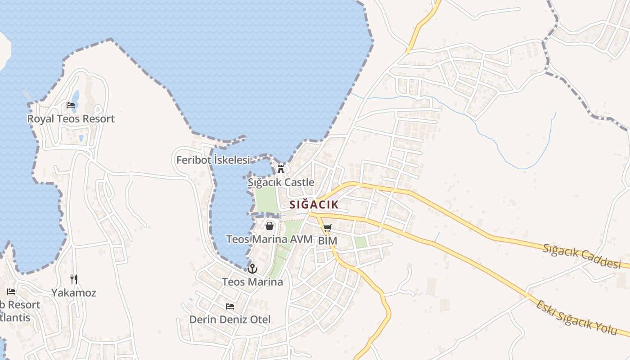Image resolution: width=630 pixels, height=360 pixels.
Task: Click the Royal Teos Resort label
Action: [71, 119]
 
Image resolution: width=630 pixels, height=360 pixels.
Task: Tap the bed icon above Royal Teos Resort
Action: [71, 105]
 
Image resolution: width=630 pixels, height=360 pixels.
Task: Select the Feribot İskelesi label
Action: [213, 160]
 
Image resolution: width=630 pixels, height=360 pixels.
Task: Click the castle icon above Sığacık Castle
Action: [281, 169]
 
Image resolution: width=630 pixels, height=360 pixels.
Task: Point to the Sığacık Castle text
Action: [281, 182]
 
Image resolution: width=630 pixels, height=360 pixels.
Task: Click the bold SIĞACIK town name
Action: [314, 204]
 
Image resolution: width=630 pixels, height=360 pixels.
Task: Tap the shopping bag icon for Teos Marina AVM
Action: [269, 226]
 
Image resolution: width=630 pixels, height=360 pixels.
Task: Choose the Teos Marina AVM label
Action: [269, 239]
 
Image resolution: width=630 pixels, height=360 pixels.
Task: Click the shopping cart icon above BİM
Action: [328, 228]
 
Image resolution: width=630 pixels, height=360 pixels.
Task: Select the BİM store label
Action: [328, 241]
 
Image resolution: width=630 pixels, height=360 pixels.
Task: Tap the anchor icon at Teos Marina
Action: [252, 269]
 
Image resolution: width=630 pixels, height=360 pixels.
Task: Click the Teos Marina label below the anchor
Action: [252, 282]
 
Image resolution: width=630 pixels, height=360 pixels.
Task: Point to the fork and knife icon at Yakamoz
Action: [74, 279]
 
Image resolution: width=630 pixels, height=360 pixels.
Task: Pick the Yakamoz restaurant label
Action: [74, 292]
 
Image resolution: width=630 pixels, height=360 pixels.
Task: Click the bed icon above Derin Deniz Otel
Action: [230, 306]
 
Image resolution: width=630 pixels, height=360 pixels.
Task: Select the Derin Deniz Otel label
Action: [230, 319]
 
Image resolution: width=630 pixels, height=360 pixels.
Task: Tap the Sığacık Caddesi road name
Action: [582, 256]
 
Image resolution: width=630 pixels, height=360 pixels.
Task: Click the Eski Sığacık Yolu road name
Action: [576, 317]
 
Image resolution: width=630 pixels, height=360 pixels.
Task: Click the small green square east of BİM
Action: [360, 242]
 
